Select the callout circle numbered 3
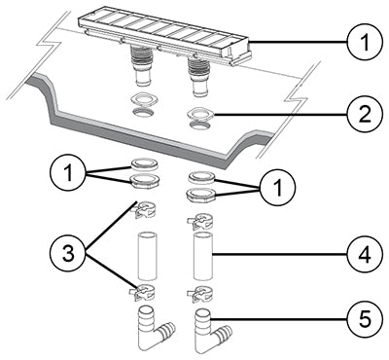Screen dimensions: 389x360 [68, 254]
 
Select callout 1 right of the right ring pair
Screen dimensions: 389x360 [277, 188]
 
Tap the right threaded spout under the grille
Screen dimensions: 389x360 [198, 77]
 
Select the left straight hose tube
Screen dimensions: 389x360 [147, 255]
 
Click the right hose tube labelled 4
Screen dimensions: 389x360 [203, 256]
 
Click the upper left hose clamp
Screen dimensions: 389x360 [144, 210]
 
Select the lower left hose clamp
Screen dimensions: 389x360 [142, 291]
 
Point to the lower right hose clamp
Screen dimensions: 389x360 [199, 293]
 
